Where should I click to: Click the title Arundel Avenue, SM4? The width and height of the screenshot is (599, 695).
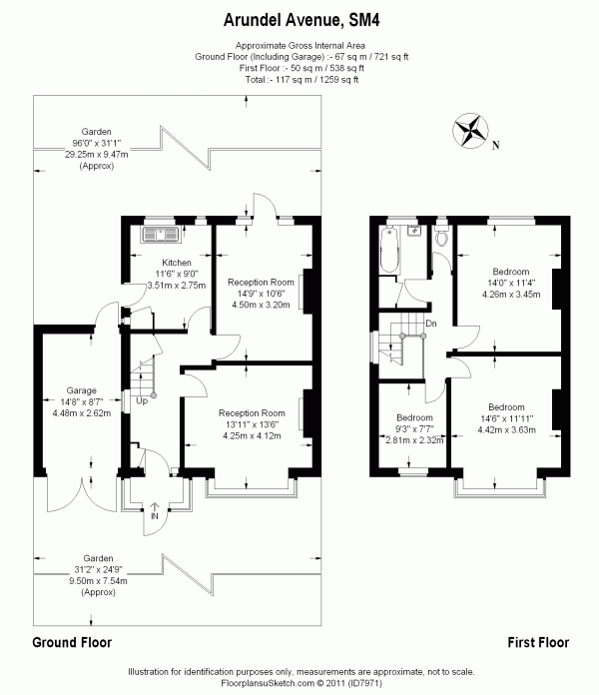pos(299,19)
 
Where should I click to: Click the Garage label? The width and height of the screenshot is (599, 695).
pos(81,390)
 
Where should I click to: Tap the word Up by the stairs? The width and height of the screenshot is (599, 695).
pos(141,401)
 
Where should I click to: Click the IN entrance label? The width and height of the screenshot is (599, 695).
pos(154,515)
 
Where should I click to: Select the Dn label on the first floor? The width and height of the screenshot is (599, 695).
pos(431,324)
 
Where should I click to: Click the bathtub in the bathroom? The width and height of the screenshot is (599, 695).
pos(389,244)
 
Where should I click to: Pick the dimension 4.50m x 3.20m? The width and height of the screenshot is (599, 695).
pos(260,306)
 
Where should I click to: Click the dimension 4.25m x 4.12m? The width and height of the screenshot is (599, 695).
pos(253,435)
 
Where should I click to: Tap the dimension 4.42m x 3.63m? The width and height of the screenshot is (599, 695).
pos(506,430)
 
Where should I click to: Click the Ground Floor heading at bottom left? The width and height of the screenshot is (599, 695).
pos(72,642)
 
